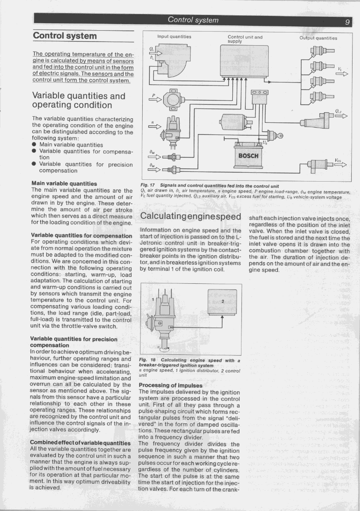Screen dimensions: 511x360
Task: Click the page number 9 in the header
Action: (347, 21)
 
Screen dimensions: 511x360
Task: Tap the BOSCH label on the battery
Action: (248, 156)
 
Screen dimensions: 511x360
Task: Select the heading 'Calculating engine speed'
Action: (190, 217)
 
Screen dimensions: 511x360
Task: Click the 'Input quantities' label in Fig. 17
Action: (174, 37)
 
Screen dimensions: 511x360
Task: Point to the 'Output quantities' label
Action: (318, 38)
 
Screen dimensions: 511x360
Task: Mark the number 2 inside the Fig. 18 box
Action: (223, 301)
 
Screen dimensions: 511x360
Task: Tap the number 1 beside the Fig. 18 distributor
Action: (153, 300)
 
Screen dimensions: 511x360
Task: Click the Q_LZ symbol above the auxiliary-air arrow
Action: (338, 111)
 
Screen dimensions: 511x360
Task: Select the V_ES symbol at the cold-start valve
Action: (338, 161)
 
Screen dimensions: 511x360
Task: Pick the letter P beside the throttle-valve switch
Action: (154, 95)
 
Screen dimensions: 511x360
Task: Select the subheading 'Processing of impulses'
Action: (170, 386)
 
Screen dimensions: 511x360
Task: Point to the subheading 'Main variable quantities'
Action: (64, 183)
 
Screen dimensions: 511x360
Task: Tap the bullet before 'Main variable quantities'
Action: (34, 145)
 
